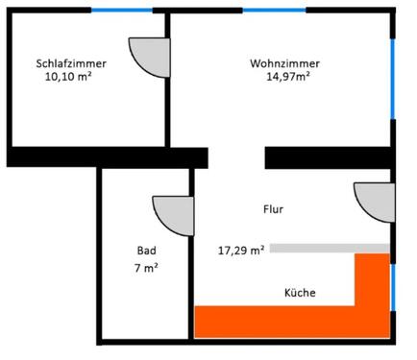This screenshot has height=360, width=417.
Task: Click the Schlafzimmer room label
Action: click(71, 63)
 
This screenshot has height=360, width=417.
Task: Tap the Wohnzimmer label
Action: click(285, 63)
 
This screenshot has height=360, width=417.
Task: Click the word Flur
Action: click(273, 208)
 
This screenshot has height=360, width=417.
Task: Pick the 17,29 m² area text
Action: click(241, 251)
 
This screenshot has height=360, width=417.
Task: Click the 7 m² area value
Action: click(146, 269)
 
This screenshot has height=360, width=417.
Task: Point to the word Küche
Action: click(300, 292)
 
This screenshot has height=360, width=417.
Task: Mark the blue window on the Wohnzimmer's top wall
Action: click(274, 11)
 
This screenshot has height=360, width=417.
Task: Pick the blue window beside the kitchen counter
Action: click(392, 288)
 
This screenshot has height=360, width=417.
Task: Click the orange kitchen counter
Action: click(288, 320)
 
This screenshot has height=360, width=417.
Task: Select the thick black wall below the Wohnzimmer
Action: click(327, 156)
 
